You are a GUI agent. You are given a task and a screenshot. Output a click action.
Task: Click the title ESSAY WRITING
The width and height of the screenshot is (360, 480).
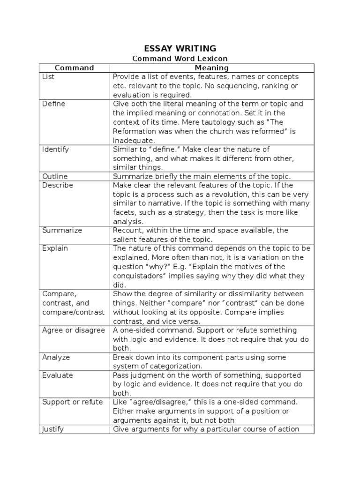(x=180, y=48)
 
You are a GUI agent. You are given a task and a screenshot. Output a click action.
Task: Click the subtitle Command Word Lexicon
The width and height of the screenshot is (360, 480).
(x=180, y=59)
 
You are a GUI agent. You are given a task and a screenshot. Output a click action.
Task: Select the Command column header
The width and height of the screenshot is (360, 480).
(x=74, y=68)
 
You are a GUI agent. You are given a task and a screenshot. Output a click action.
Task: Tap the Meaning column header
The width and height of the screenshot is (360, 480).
(x=212, y=68)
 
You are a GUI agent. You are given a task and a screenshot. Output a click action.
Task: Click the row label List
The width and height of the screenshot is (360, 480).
(x=48, y=77)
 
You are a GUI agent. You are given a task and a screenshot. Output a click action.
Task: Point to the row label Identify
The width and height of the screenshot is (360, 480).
(x=55, y=150)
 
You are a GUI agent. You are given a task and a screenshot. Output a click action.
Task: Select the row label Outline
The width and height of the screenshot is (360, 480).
(x=55, y=177)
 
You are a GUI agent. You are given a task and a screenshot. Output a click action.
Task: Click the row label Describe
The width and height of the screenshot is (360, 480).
(x=58, y=186)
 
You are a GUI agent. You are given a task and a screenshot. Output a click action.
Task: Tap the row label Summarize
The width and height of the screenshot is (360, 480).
(x=62, y=231)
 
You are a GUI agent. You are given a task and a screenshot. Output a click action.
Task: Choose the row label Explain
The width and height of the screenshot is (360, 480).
(x=55, y=248)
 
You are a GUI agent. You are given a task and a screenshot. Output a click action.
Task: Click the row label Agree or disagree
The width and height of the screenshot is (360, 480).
(x=74, y=330)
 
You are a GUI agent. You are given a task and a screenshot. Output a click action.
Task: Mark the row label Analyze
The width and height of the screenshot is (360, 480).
(x=56, y=357)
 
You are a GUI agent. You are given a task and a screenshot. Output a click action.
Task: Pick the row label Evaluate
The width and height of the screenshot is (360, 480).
(x=57, y=375)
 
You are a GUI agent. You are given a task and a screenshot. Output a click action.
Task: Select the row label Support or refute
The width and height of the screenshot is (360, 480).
(x=73, y=402)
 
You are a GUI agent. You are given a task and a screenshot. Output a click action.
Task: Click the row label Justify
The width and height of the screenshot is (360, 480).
(x=53, y=429)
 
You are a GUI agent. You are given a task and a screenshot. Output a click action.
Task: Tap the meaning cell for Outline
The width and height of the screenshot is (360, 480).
(x=202, y=177)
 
